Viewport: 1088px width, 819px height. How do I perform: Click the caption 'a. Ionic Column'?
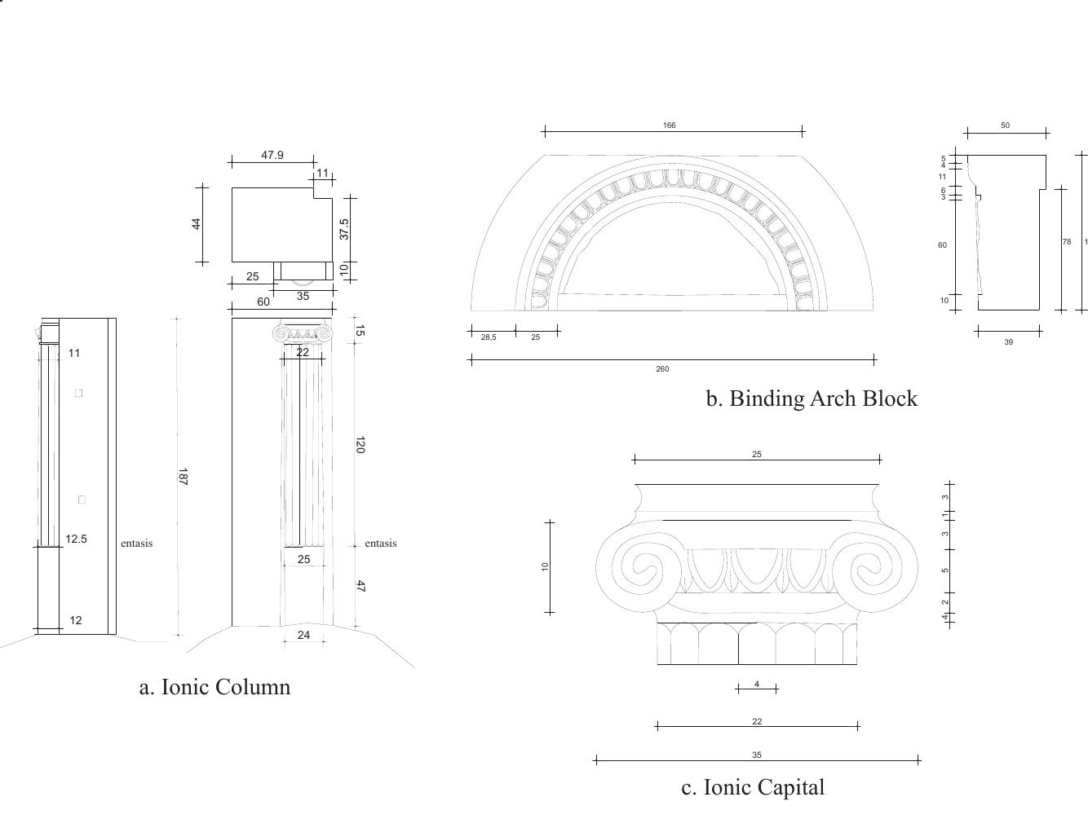215,687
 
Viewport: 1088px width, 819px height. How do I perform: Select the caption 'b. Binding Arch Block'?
811,398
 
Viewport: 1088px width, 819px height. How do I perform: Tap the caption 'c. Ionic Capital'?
753,787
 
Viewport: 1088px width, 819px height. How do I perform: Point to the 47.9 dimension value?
272,155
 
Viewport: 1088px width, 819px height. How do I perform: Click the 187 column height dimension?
183,477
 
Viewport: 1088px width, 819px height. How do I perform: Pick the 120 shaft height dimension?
360,445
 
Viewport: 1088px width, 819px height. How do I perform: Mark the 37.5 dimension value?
344,229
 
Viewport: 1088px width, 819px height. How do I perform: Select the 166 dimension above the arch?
669,125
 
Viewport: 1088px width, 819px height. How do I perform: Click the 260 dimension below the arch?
662,369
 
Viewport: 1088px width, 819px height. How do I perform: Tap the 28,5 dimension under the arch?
488,337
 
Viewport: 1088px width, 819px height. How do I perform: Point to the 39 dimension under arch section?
1008,342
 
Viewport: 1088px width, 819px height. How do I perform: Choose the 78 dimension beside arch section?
1066,242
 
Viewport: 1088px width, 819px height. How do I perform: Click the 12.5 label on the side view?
76,539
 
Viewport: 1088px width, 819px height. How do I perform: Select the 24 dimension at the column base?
303,635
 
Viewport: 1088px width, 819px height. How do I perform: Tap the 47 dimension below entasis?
360,586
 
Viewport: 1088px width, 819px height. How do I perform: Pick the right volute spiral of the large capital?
874,568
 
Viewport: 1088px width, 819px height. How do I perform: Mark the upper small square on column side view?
79,393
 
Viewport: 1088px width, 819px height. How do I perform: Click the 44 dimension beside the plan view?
197,223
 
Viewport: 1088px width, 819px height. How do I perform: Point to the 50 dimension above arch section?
1005,125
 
